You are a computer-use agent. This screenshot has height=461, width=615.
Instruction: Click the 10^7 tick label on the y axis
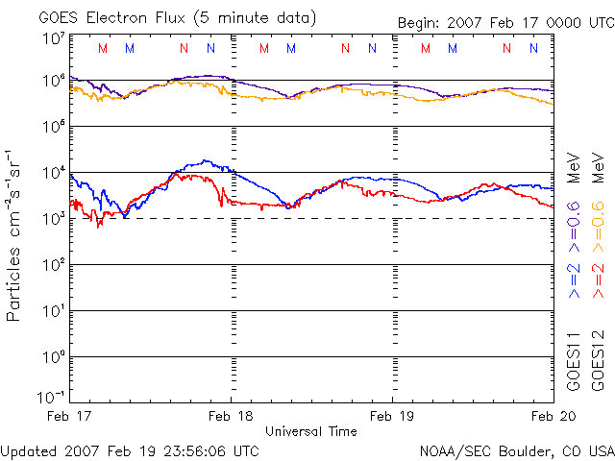pyautogui.click(x=52, y=39)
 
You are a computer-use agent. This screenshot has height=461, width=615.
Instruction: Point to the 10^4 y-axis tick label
pyautogui.click(x=52, y=173)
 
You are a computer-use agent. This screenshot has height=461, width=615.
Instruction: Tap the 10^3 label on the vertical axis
pyautogui.click(x=52, y=219)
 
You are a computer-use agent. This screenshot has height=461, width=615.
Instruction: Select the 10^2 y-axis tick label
pyautogui.click(x=52, y=265)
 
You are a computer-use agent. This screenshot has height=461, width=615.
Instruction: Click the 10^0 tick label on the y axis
pyautogui.click(x=52, y=357)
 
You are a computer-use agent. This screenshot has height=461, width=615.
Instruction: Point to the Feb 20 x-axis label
pyautogui.click(x=552, y=416)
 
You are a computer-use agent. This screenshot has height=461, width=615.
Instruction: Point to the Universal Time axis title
pyautogui.click(x=311, y=431)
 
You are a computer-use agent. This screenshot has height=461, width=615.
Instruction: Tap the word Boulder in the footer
pyautogui.click(x=519, y=449)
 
